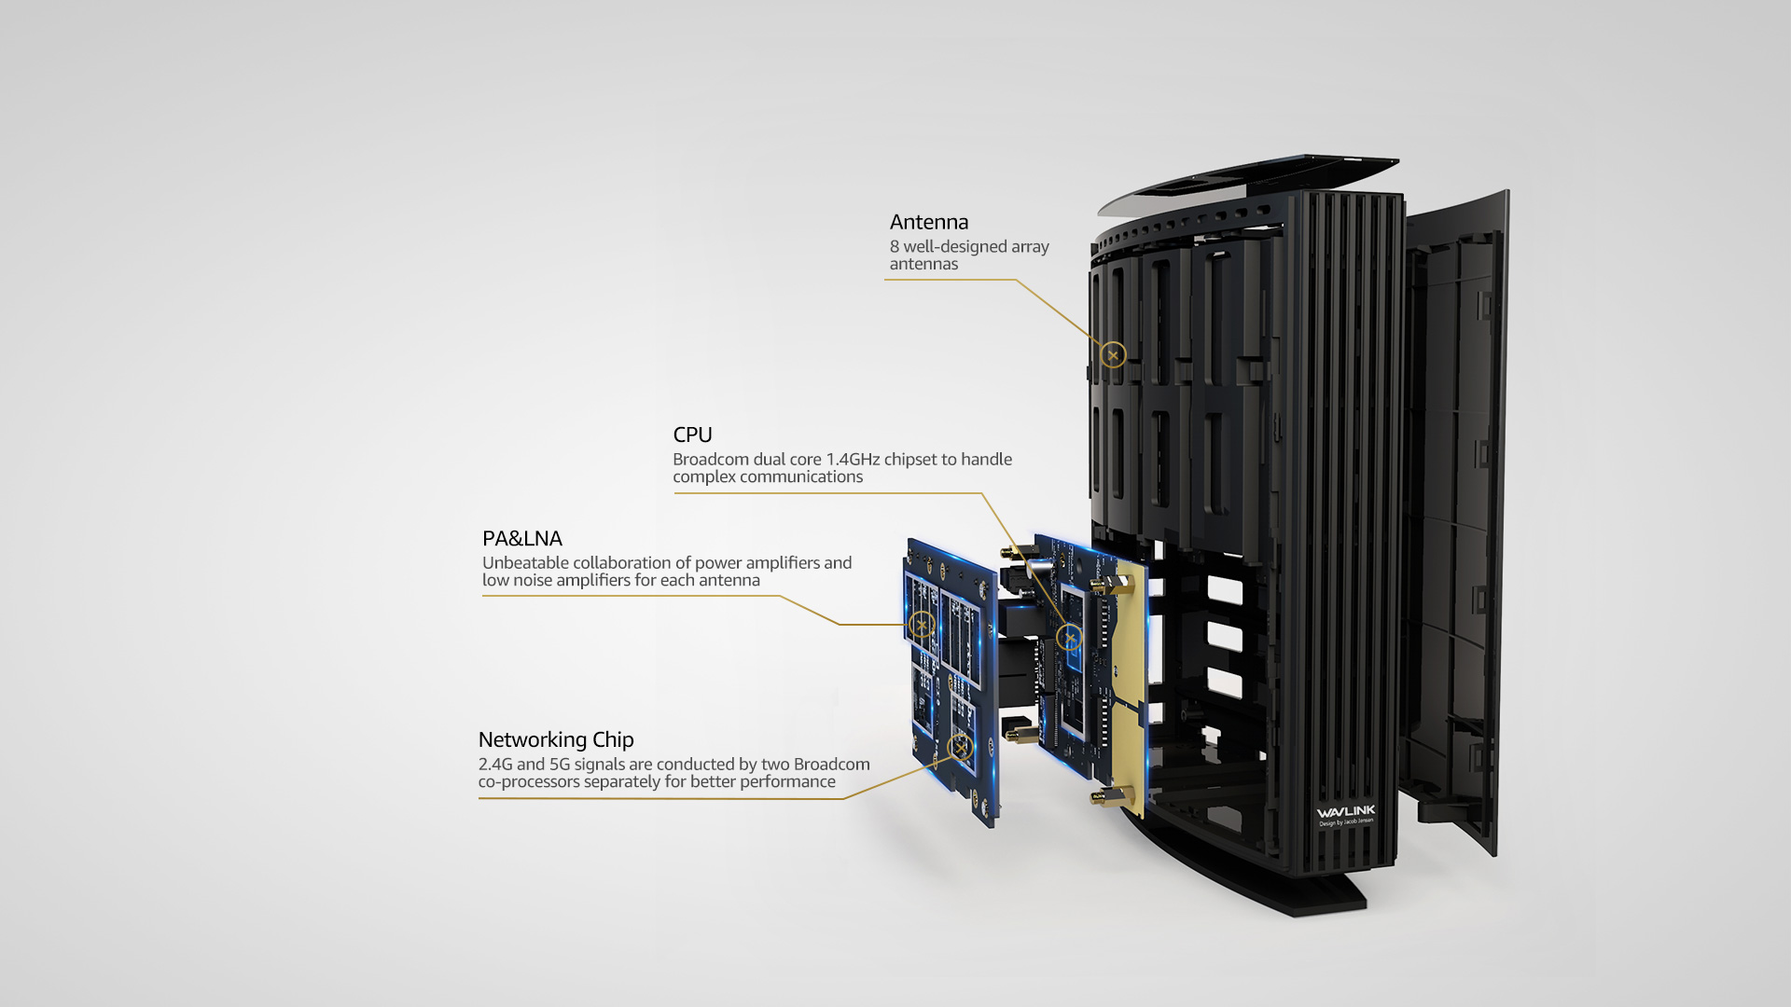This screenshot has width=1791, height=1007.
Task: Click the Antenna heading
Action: click(928, 222)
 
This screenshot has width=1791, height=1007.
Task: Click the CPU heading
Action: click(692, 435)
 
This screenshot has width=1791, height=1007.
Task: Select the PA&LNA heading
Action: click(521, 539)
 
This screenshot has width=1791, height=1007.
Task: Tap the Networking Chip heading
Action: click(555, 739)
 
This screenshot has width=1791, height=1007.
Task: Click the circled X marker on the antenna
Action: click(1113, 355)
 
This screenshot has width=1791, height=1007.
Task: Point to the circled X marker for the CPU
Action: click(1069, 638)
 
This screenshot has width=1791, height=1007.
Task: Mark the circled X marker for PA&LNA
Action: click(922, 624)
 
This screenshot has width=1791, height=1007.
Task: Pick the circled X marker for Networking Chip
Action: click(960, 747)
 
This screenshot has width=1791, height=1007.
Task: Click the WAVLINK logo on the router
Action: click(1345, 812)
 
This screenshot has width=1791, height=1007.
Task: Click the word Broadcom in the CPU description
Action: click(710, 460)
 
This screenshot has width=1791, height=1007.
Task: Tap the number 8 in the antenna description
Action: click(894, 247)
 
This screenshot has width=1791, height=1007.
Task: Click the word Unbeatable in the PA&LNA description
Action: click(525, 563)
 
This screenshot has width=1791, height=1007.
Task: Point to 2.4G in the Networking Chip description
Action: click(494, 765)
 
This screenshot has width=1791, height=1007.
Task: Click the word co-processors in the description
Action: click(528, 782)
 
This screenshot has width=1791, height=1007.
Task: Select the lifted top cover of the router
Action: click(1250, 182)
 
